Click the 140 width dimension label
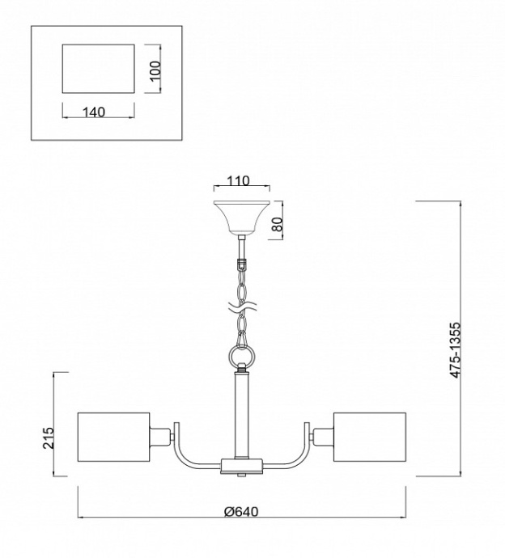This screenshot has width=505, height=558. click(94, 112)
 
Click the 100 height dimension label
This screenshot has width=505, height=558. click(155, 71)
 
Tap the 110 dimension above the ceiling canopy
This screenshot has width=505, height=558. click(238, 181)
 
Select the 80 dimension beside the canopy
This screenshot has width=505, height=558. click(278, 224)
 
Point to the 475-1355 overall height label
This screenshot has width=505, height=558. click(455, 350)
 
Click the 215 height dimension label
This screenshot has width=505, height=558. click(48, 438)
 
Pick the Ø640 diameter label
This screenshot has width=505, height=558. click(241, 512)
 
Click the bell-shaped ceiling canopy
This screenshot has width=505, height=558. click(242, 218)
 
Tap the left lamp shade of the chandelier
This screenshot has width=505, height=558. click(113, 438)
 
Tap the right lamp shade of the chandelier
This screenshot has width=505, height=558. click(370, 438)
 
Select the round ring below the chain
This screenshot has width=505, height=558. click(242, 355)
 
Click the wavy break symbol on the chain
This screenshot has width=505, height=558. click(242, 306)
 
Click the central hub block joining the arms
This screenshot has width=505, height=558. click(242, 466)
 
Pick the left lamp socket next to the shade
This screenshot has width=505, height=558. click(159, 437)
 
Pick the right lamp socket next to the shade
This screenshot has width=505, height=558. click(324, 437)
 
